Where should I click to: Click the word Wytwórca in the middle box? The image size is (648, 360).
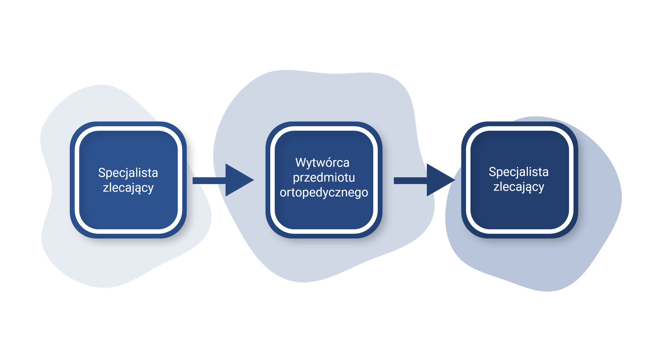[322, 163]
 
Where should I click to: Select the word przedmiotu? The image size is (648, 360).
[324, 177]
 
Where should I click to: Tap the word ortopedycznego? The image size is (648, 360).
[324, 192]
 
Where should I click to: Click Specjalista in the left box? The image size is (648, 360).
[128, 173]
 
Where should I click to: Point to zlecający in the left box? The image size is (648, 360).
[128, 188]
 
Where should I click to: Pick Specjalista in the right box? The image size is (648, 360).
[518, 172]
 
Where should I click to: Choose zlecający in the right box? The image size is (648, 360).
[518, 187]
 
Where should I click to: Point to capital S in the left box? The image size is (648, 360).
[102, 173]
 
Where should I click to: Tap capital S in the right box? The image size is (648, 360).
[492, 172]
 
